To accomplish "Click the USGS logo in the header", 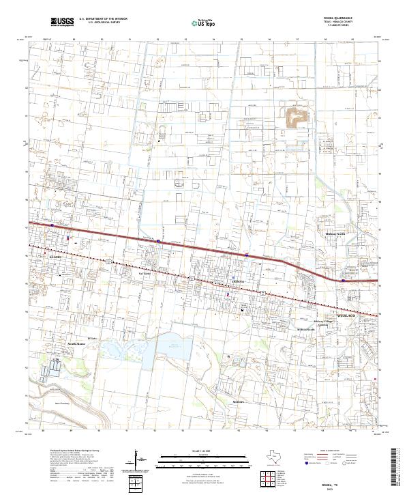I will [x=62, y=22].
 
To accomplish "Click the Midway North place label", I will [x=335, y=234].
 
